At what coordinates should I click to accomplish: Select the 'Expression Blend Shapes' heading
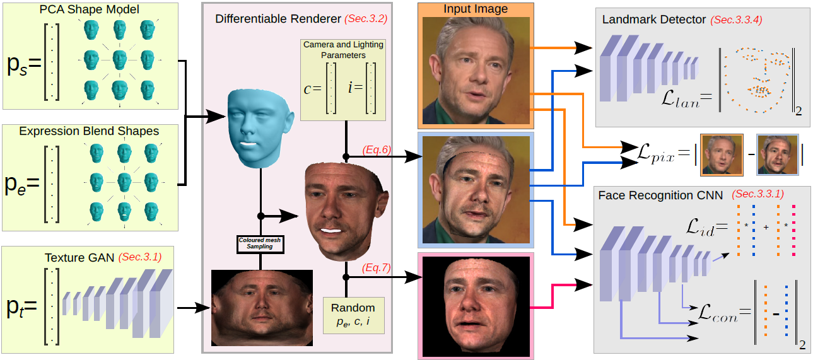89,131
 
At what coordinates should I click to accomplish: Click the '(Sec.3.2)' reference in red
366,19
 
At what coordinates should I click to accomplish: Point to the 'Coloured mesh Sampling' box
260,243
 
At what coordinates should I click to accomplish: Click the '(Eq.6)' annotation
377,149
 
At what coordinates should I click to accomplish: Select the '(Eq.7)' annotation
377,267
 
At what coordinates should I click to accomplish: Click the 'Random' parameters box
353,315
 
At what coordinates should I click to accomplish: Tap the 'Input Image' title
476,9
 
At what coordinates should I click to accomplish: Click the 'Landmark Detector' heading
653,20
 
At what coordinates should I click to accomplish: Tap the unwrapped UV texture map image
262,307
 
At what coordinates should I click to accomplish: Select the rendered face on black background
476,305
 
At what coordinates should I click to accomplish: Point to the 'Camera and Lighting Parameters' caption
343,49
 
